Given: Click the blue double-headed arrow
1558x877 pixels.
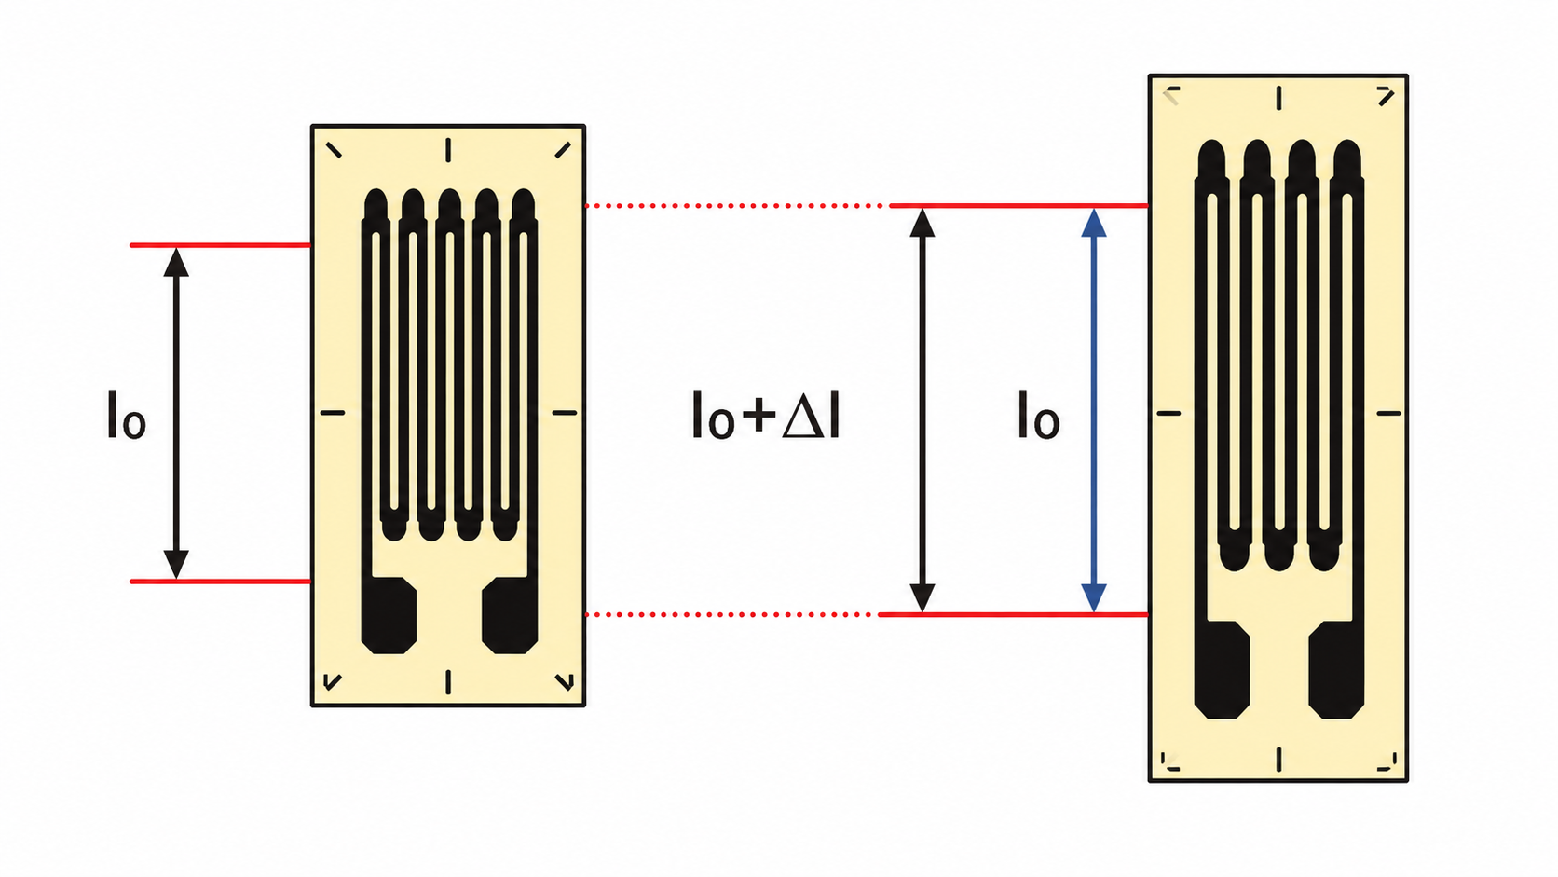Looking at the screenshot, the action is point(1094,410).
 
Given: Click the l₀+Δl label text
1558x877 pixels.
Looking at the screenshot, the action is point(766,415).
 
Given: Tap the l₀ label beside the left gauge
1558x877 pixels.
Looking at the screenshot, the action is point(126,415).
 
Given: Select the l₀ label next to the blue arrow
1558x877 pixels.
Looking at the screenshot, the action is point(1038,415).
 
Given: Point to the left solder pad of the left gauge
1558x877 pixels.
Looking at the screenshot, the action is point(389,615).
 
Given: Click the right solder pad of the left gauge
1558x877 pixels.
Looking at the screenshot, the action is point(510,615).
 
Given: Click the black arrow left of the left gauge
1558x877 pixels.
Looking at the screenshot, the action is point(176,413).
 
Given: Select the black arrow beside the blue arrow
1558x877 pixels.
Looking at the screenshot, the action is point(922,410).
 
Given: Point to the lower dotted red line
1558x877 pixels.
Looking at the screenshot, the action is point(730,615).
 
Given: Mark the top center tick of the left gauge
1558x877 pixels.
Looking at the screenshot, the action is point(448,150).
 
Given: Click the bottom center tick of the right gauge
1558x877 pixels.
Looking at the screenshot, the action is point(1278,760).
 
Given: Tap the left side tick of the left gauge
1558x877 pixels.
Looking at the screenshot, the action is point(333,413).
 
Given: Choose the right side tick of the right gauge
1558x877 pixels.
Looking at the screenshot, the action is point(1389,413).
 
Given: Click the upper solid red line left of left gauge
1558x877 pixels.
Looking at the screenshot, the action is point(221,245).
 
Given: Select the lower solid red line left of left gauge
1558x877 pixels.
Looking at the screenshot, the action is point(221,582).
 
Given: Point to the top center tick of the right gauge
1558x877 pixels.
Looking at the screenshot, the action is point(1278,98).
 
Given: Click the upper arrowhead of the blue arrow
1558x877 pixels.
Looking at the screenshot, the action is point(1094,223).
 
